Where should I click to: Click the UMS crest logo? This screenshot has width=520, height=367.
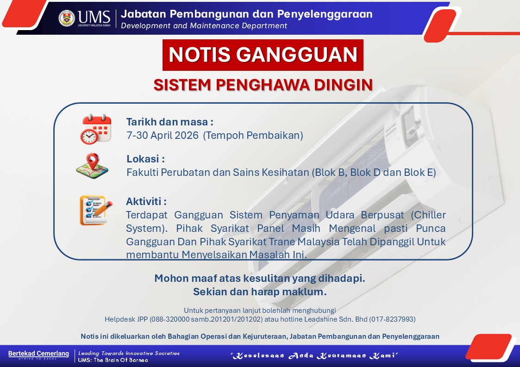tap(67, 18)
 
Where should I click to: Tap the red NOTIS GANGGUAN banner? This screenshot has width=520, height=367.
tap(263, 55)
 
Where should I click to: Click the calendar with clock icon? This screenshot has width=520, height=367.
tap(95, 129)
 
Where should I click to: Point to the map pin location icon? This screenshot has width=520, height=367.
tap(92, 166)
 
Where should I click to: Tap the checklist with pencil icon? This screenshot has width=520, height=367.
tap(96, 211)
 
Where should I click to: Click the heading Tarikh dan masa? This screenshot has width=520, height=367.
tap(169, 122)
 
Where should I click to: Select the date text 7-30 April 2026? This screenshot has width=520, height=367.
tap(163, 135)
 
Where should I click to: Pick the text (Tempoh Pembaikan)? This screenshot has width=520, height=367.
tap(253, 135)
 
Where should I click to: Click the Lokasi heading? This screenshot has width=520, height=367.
tap(145, 159)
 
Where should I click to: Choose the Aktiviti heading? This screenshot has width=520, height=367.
tap(146, 201)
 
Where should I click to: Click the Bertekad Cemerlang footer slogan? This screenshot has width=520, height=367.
tap(38, 354)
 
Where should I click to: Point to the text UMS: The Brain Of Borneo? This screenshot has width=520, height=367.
tap(113, 360)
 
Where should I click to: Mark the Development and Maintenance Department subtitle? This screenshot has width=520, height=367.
tap(204, 26)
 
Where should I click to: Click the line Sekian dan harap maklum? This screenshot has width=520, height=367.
tap(260, 292)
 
